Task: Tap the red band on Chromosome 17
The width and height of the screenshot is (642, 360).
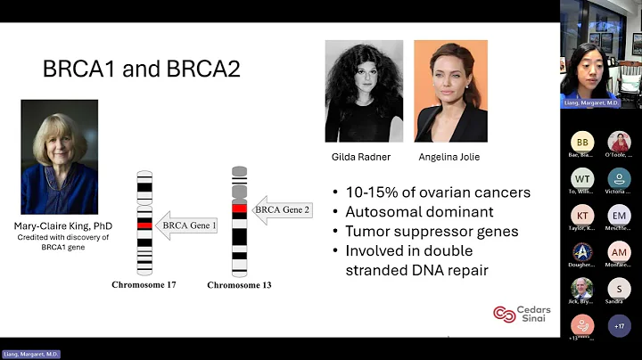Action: coord(144,226)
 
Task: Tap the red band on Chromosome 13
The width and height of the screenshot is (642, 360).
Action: coord(239,209)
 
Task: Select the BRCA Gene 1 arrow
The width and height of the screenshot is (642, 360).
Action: coord(186,226)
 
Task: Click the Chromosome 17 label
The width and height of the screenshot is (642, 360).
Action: coord(144,285)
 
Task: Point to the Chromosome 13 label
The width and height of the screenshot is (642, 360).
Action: coord(239,285)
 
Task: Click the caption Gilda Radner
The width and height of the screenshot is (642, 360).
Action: coord(363,157)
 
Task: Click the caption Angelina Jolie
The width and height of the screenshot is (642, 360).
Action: coord(450,157)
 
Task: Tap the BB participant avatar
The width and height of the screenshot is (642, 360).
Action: coord(583,142)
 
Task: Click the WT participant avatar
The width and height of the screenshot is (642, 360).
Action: coord(583,178)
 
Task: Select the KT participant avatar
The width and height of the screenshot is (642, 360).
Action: coord(583,215)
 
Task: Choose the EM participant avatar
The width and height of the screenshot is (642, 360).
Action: coord(620,215)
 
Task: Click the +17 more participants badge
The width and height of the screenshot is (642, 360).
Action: coord(620,325)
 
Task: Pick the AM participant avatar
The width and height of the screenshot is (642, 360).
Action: coord(620,252)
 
